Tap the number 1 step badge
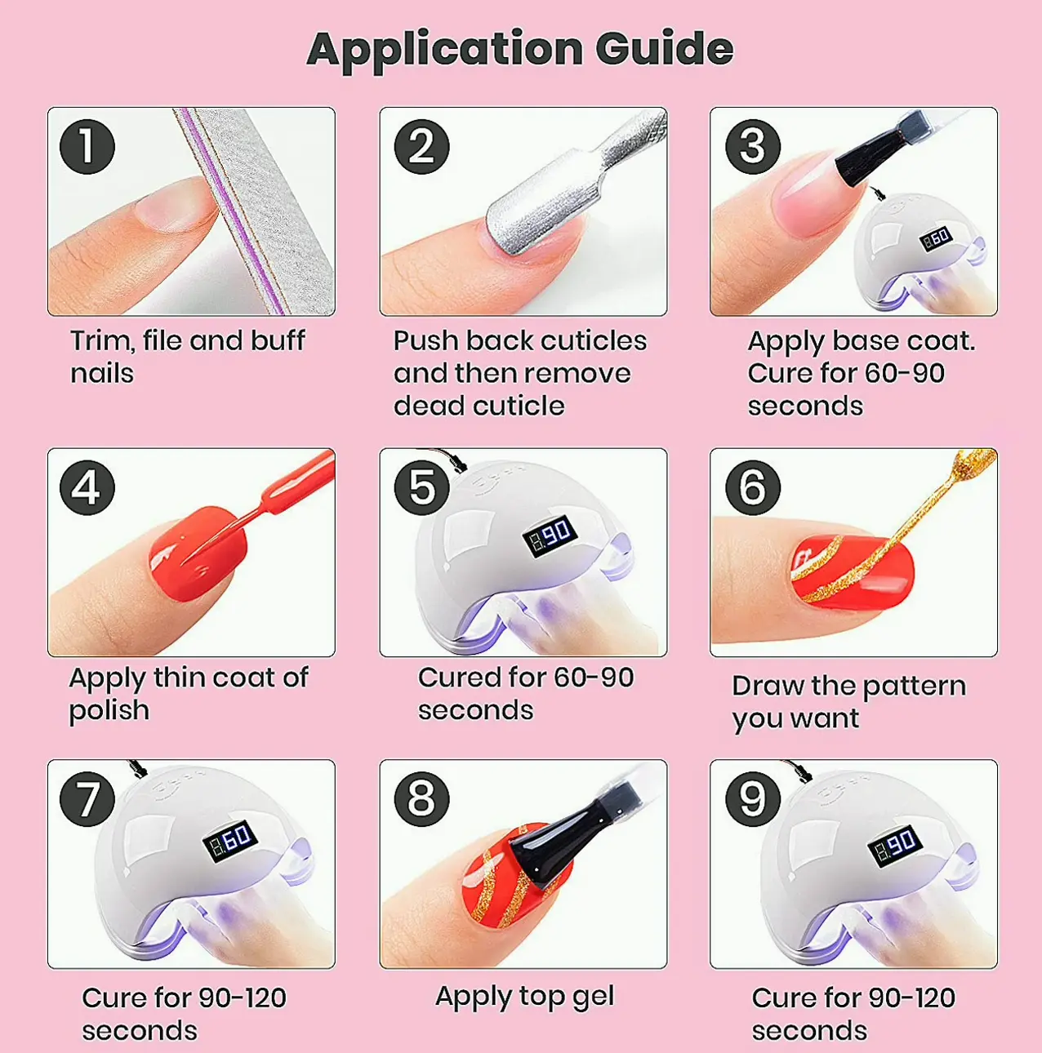(x=87, y=146)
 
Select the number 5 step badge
(x=422, y=487)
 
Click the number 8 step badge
(x=422, y=798)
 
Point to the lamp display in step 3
(x=937, y=238)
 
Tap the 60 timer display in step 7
(x=230, y=841)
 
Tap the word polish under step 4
(x=109, y=710)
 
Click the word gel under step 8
(x=594, y=996)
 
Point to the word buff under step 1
(x=278, y=340)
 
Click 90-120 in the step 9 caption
(x=912, y=997)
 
